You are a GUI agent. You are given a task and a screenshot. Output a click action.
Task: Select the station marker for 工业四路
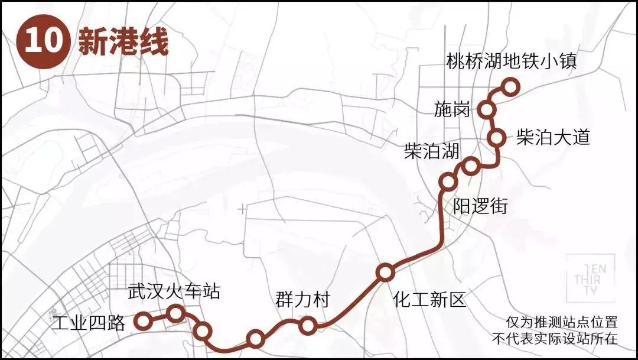click(142, 321)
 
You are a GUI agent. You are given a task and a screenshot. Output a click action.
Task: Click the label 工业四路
click(89, 323)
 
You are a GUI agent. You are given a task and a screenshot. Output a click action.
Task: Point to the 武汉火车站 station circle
click(175, 313)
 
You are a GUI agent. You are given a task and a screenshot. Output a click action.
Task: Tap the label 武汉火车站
click(174, 291)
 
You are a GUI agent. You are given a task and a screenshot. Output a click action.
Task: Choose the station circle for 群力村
click(307, 325)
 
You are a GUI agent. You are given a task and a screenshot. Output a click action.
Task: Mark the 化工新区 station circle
click(385, 273)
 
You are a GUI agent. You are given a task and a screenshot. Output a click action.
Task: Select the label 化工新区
click(429, 300)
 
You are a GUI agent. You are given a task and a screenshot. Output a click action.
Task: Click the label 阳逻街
click(480, 206)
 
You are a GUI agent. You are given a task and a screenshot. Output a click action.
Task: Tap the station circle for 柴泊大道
click(497, 138)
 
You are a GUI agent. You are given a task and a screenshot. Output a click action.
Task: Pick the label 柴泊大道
click(553, 137)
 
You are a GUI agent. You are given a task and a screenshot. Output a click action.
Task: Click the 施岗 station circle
click(487, 109)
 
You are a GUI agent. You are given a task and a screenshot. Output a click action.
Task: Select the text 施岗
click(452, 109)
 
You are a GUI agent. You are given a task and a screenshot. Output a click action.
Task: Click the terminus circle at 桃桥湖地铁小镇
click(510, 87)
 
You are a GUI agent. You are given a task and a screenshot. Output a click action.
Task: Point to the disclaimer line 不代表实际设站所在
click(554, 339)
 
